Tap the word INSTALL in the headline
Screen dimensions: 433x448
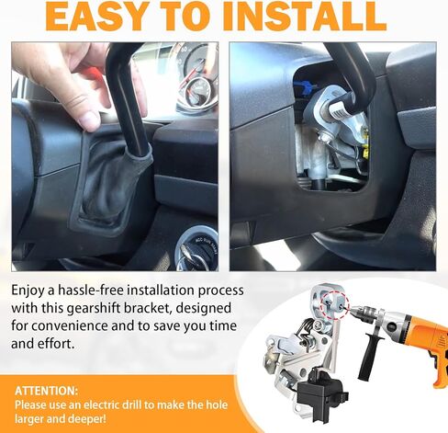(x=302, y=16)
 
